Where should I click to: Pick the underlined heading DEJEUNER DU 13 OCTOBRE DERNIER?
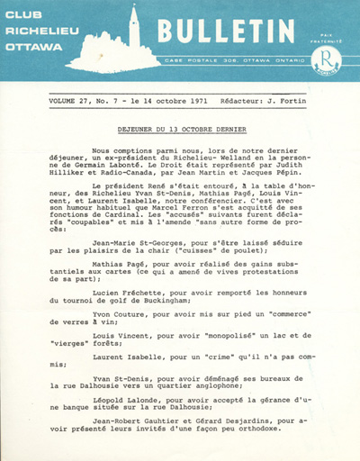pos(181,130)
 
